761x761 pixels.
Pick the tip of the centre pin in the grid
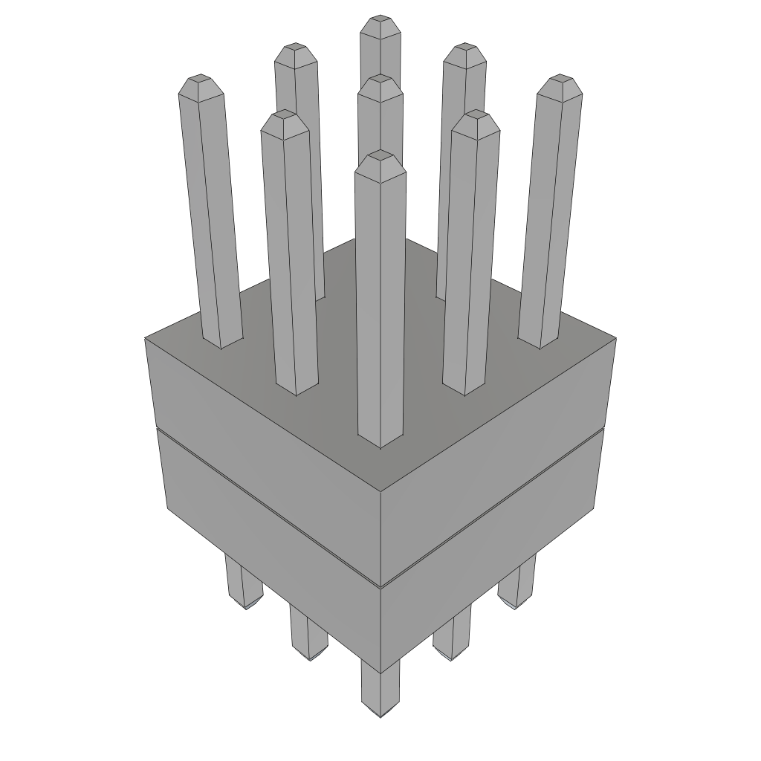(x=380, y=86)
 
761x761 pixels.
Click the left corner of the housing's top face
(x=146, y=338)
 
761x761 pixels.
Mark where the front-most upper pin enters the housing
(x=380, y=442)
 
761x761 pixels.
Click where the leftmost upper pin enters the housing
(x=222, y=343)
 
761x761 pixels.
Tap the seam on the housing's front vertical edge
(x=380, y=584)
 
